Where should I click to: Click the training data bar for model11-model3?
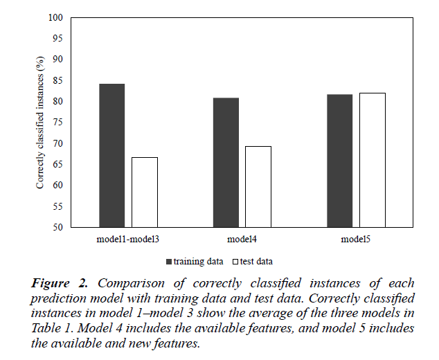[111, 155]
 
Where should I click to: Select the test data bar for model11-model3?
[144, 192]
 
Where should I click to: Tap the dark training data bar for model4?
[226, 162]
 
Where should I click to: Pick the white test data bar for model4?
[258, 186]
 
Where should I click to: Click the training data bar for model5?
[339, 161]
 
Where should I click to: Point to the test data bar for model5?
[372, 160]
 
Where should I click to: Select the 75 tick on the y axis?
[58, 123]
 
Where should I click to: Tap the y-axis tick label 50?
[58, 227]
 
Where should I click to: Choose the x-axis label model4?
[242, 239]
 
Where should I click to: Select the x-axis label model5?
[355, 239]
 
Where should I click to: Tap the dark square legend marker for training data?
[169, 262]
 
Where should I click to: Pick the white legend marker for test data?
[235, 262]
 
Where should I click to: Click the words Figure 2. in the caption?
[63, 283]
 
